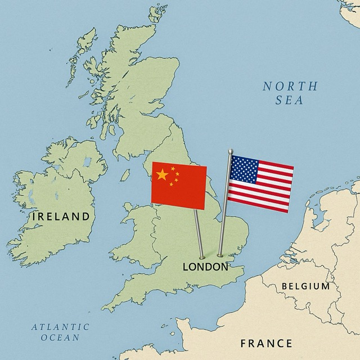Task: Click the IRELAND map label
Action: point(61,216)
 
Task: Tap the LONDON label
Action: point(205,267)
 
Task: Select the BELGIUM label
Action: point(305,286)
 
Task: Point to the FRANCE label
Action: point(266,343)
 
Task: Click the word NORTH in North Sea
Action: point(290,87)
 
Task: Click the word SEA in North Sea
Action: point(290,101)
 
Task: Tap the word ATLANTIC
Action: point(60,327)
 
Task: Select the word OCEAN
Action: point(60,337)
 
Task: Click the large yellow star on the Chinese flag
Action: point(162,175)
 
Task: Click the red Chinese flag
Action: point(179,184)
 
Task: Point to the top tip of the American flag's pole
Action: point(230,151)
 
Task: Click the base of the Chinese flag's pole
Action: point(201,258)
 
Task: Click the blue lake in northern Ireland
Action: point(87,162)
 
